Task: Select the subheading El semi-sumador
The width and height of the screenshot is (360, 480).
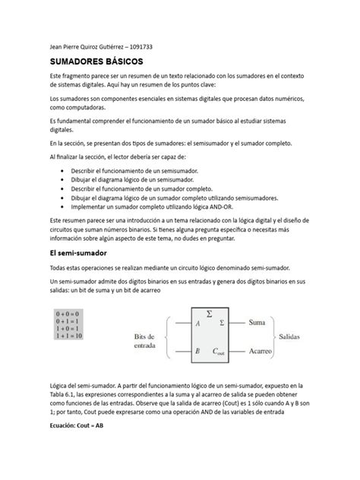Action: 78,251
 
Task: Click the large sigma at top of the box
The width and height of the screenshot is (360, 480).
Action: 209,312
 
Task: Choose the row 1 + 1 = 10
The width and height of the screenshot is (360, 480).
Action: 68,335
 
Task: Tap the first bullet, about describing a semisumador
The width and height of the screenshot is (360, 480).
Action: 136,172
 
